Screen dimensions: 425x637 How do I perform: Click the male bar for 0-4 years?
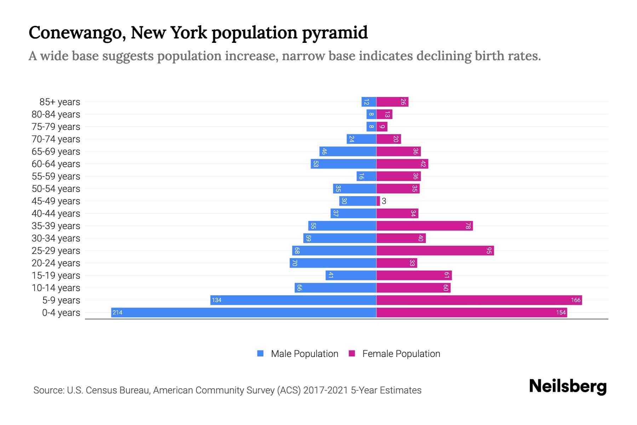pos(243,312)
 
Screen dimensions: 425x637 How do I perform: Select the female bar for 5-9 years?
pos(479,300)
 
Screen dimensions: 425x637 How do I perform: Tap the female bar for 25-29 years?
pos(435,251)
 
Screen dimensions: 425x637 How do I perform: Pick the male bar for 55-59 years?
pos(366,176)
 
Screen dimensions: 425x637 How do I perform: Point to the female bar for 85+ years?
pos(392,102)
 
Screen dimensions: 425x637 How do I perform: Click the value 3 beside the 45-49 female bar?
pos(384,201)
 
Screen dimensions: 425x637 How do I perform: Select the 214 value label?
pos(117,312)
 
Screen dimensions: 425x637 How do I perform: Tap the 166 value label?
pos(575,300)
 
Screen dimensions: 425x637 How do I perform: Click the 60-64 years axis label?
pos(56,164)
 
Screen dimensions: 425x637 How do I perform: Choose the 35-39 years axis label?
pos(56,226)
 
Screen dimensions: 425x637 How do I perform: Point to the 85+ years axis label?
pos(60,102)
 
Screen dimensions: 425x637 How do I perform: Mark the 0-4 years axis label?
pos(61,313)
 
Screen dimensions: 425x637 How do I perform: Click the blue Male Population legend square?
pos(260,353)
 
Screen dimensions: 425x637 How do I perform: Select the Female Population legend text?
pos(401,354)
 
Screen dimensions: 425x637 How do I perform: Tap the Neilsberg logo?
pos(568,386)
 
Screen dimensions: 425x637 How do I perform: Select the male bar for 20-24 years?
pos(333,263)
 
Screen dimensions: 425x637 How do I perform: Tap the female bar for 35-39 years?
pos(424,226)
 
